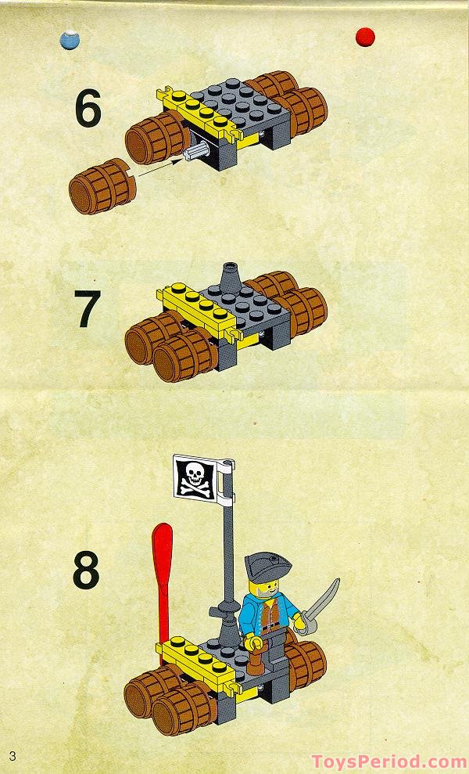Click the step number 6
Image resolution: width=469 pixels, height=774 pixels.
(x=88, y=110)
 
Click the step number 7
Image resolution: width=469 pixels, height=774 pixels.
(x=88, y=310)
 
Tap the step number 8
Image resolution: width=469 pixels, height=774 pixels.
(x=87, y=571)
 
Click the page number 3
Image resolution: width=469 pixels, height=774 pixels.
(x=13, y=754)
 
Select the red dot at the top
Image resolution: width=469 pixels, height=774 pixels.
(x=364, y=36)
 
